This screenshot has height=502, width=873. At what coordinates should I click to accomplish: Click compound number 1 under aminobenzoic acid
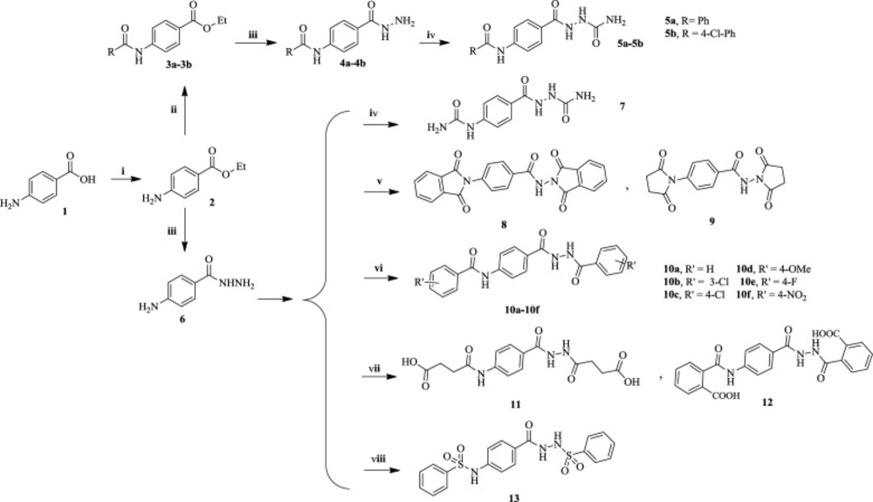pyautogui.click(x=64, y=211)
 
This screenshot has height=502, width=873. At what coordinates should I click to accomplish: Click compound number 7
pyautogui.click(x=622, y=105)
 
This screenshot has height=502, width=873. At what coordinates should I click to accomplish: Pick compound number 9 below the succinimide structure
pyautogui.click(x=711, y=221)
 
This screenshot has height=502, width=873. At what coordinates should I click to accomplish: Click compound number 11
pyautogui.click(x=515, y=404)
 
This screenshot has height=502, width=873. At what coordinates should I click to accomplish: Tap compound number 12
pyautogui.click(x=767, y=402)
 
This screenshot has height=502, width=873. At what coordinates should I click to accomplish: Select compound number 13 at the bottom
pyautogui.click(x=513, y=497)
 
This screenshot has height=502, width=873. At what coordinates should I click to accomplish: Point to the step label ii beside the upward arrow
pyautogui.click(x=174, y=111)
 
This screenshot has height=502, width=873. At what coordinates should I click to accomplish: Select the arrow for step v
pyautogui.click(x=382, y=193)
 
